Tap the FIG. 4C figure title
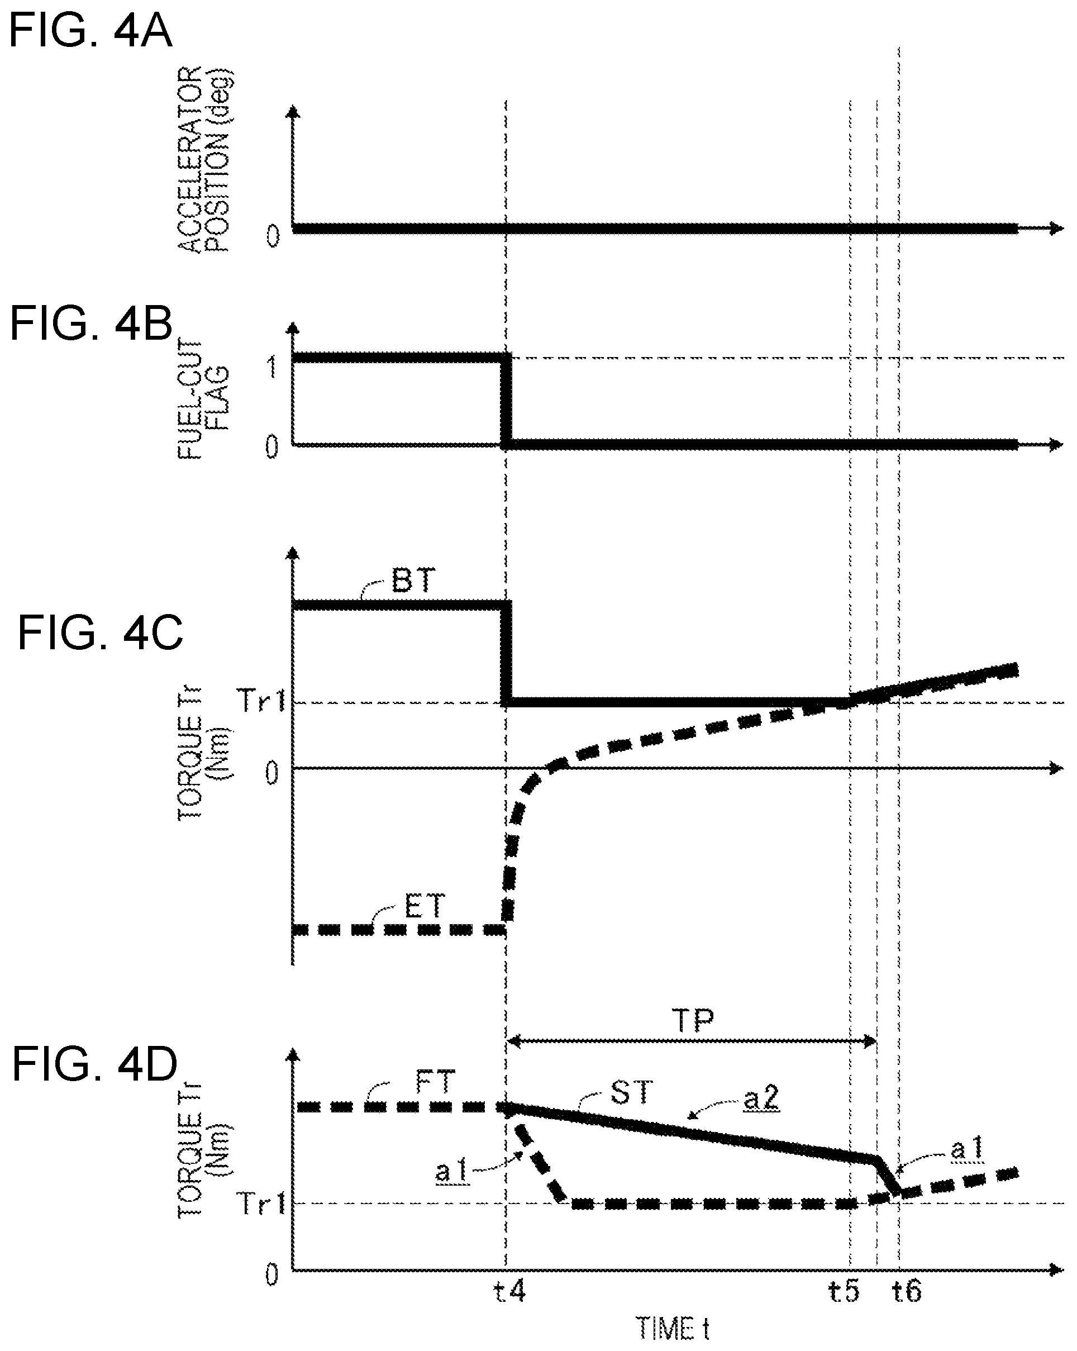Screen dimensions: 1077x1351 [x=100, y=632]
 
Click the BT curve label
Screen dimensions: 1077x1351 [x=413, y=581]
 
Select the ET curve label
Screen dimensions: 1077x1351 [x=424, y=906]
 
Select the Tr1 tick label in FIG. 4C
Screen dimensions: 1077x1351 [x=261, y=701]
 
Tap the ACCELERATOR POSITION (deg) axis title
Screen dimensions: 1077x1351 [x=205, y=159]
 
